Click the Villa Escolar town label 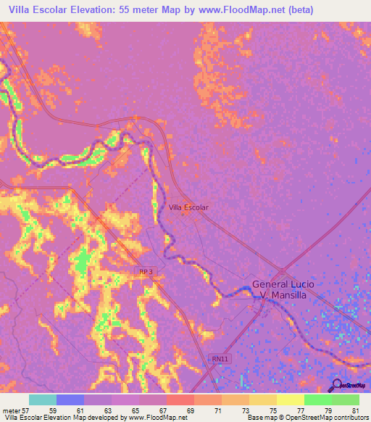click(x=188, y=207)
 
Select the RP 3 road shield click(x=147, y=271)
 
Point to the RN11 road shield click(x=219, y=358)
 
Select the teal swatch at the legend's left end click(x=43, y=400)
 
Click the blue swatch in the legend click(x=70, y=400)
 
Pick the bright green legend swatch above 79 click(x=317, y=400)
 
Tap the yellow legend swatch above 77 click(x=290, y=400)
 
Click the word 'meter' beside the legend click(x=10, y=410)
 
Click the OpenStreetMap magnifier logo click(x=335, y=386)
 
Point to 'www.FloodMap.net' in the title click(x=240, y=10)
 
